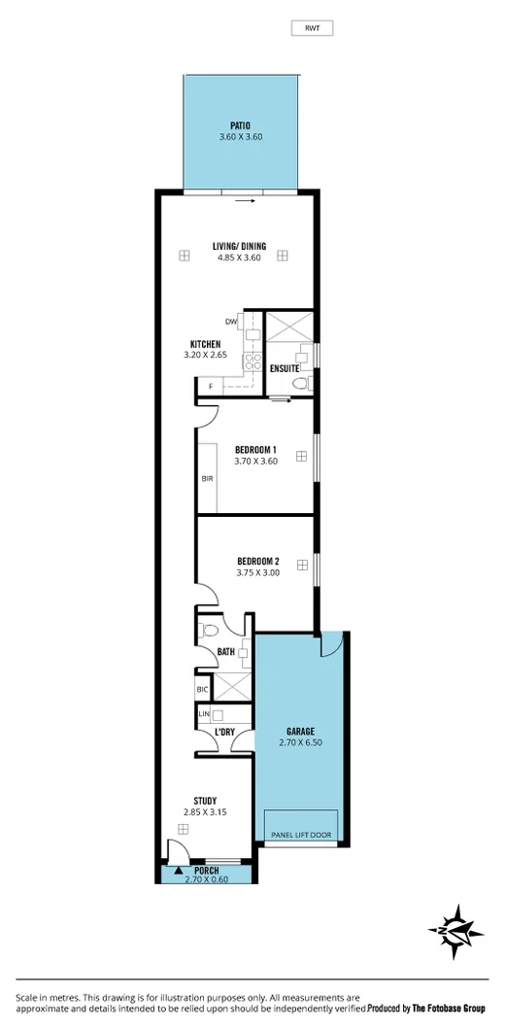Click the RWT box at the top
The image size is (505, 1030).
tap(312, 29)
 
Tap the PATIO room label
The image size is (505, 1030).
tap(241, 125)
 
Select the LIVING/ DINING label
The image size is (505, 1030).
tap(239, 246)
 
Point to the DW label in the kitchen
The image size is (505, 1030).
tap(231, 322)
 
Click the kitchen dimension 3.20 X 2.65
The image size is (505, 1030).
tap(205, 356)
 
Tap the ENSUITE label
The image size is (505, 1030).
tap(284, 368)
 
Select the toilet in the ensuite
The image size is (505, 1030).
tap(300, 386)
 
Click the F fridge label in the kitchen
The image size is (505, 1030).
tap(210, 387)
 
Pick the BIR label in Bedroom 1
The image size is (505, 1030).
tap(207, 479)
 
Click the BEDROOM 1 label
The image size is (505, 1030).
tap(256, 449)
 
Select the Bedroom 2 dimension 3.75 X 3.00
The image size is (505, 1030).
tap(257, 573)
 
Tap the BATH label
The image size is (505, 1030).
tap(225, 652)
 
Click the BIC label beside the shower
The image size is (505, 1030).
tap(203, 689)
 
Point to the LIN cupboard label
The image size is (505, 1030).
tap(204, 714)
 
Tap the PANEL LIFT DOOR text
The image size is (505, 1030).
tap(301, 834)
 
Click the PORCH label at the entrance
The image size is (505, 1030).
tap(205, 870)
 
